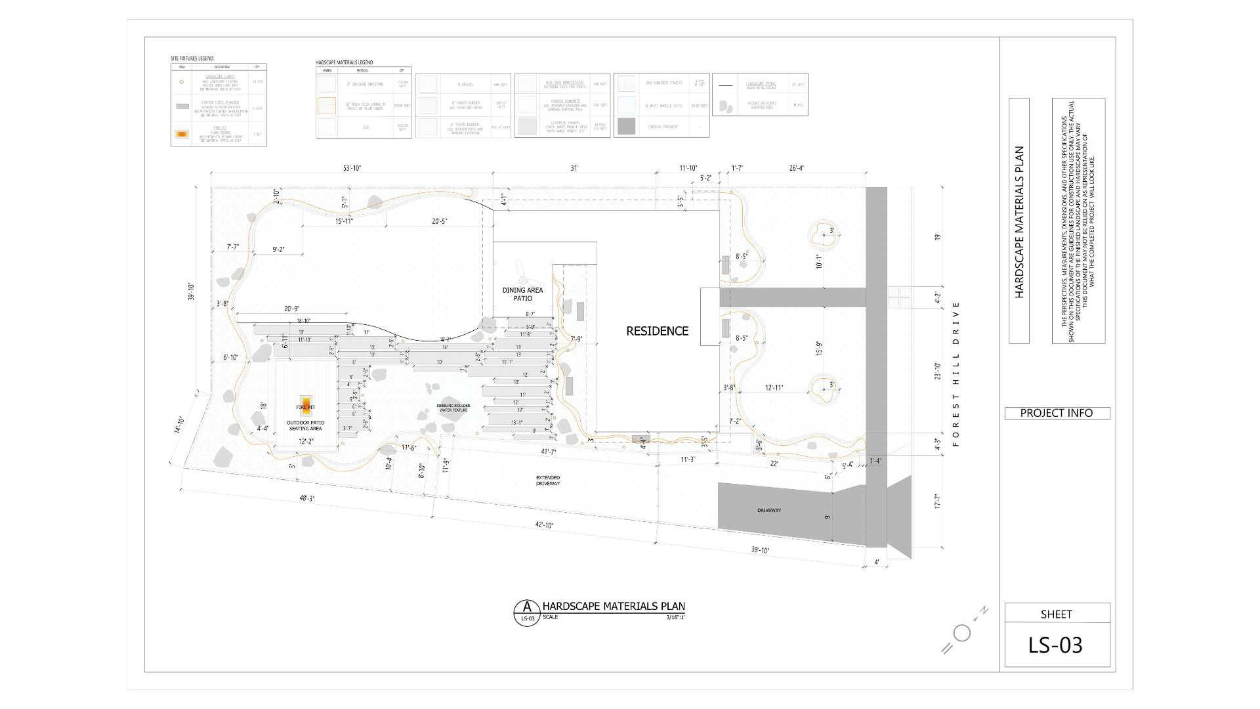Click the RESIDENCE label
pyautogui.click(x=657, y=332)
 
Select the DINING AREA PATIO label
pyautogui.click(x=522, y=294)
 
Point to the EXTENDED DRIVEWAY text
pyautogui.click(x=547, y=480)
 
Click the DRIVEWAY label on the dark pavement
pyautogui.click(x=768, y=510)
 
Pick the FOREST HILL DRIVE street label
pyautogui.click(x=955, y=374)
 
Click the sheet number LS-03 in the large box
pyautogui.click(x=1055, y=645)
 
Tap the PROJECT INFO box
pyautogui.click(x=1057, y=413)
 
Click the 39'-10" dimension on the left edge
pyautogui.click(x=191, y=291)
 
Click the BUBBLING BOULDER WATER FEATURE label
pyautogui.click(x=453, y=408)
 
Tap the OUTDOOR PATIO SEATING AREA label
pyautogui.click(x=305, y=425)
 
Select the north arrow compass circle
pyautogui.click(x=962, y=633)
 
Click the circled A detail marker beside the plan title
pyautogui.click(x=526, y=612)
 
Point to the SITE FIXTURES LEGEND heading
pyautogui.click(x=192, y=58)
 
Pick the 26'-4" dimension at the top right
pyautogui.click(x=795, y=168)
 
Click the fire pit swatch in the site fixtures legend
pyautogui.click(x=182, y=134)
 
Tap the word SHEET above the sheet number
pyautogui.click(x=1056, y=614)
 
